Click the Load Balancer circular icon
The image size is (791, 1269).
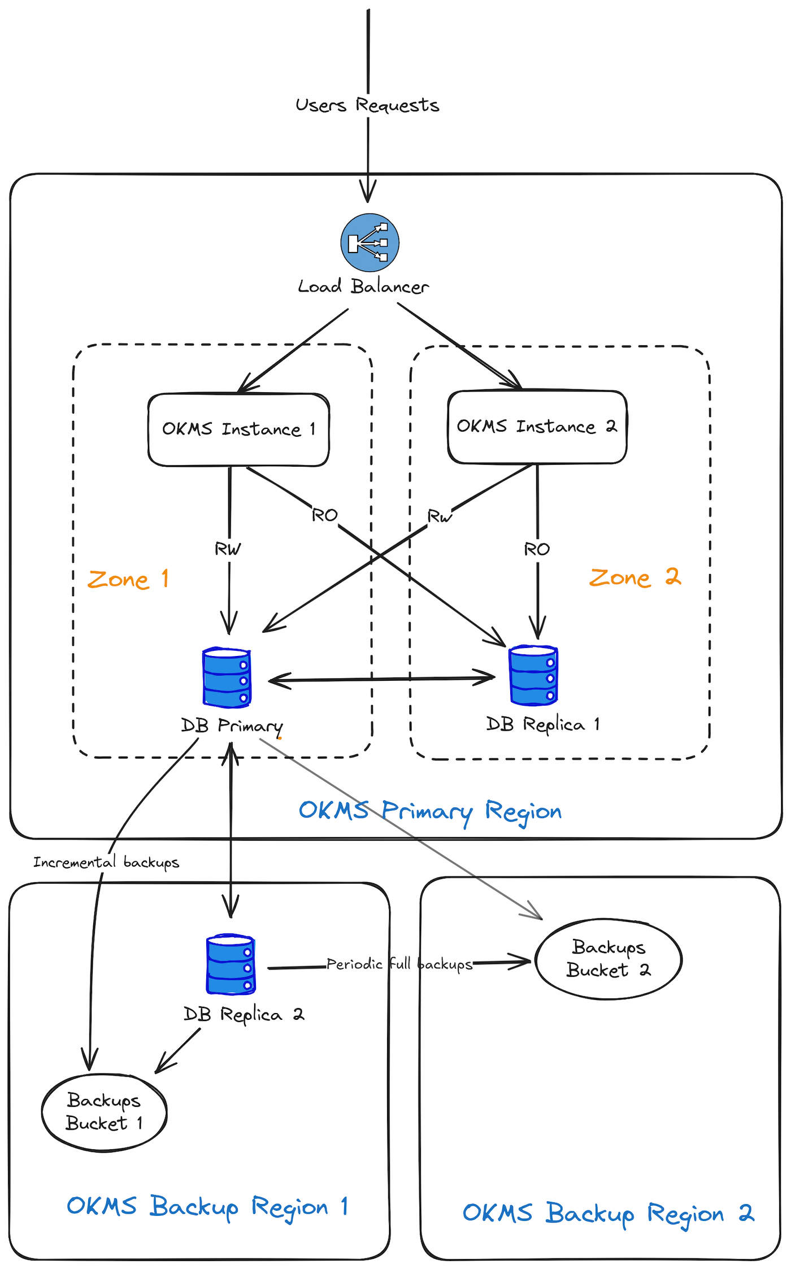pyautogui.click(x=370, y=242)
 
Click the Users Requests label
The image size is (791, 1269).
pyautogui.click(x=367, y=105)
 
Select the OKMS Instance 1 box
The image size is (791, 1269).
pyautogui.click(x=238, y=429)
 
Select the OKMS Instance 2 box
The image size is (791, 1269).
pyautogui.click(x=537, y=427)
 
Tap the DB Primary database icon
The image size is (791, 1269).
pyautogui.click(x=227, y=677)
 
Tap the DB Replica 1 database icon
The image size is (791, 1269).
pyautogui.click(x=533, y=676)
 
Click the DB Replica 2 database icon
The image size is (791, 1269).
pyautogui.click(x=231, y=964)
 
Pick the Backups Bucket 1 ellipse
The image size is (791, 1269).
pyautogui.click(x=104, y=1112)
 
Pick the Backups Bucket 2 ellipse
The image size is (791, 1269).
pyautogui.click(x=609, y=958)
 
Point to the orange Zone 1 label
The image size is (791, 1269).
pyautogui.click(x=128, y=579)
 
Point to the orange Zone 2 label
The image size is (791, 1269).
pyautogui.click(x=635, y=577)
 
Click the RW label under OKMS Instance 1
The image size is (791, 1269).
pyautogui.click(x=228, y=549)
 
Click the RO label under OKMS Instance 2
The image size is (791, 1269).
pyautogui.click(x=537, y=549)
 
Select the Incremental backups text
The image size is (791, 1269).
pyautogui.click(x=106, y=862)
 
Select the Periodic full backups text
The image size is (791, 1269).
pyautogui.click(x=399, y=964)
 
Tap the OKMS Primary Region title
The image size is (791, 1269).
pyautogui.click(x=430, y=811)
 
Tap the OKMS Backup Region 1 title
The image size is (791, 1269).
pyautogui.click(x=207, y=1207)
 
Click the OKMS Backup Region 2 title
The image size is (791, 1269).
pyautogui.click(x=608, y=1213)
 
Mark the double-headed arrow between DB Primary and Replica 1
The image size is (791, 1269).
pyautogui.click(x=382, y=679)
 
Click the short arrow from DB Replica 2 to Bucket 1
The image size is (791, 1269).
pyautogui.click(x=179, y=1050)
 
